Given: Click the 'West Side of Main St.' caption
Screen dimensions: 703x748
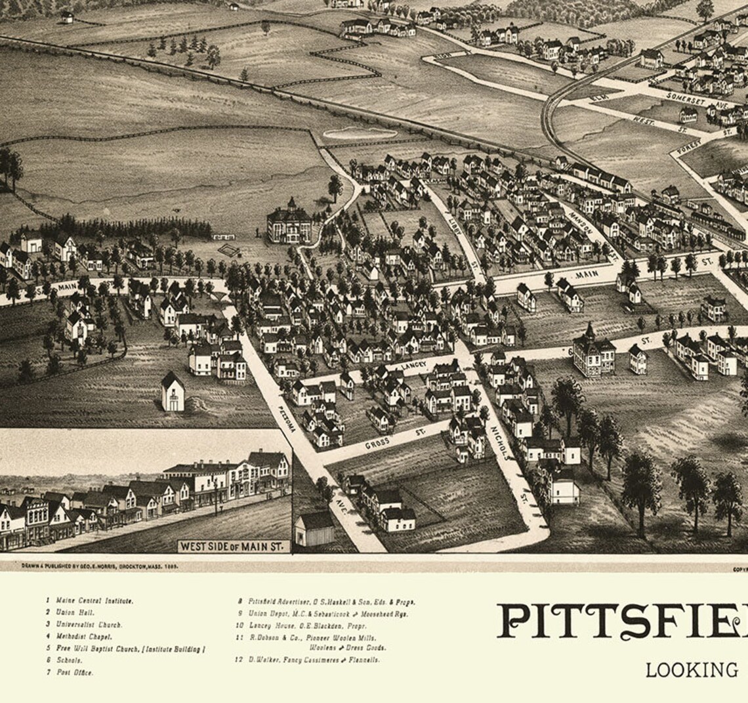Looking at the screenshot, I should [234, 545].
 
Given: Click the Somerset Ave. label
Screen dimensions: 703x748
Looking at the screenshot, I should [690, 100].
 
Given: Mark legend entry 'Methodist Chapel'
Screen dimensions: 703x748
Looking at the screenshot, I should [84, 637].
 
